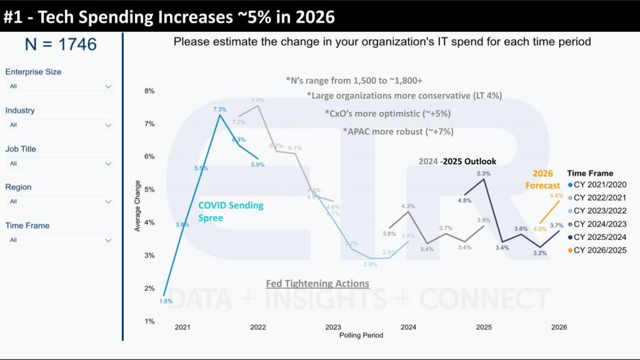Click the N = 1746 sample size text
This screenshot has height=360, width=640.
(x=61, y=44)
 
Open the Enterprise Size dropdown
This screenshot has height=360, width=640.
(x=59, y=86)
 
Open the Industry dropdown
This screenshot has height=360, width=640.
(x=59, y=125)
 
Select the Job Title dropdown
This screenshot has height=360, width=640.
(x=59, y=163)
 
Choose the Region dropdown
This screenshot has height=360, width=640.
(x=59, y=201)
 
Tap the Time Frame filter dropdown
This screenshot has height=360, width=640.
(x=59, y=239)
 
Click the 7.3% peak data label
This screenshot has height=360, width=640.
(x=219, y=109)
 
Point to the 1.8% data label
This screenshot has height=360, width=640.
(x=165, y=301)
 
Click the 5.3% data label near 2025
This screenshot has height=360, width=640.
(x=483, y=173)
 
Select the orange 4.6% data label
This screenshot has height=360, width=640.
(x=556, y=196)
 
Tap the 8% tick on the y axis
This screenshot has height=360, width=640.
(x=149, y=91)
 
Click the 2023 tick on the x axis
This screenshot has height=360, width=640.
(x=333, y=327)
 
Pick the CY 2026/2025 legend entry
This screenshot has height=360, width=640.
(x=599, y=250)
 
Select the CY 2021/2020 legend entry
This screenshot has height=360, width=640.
(x=599, y=185)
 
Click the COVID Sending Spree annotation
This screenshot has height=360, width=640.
(x=231, y=211)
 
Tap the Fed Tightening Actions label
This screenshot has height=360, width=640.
(x=317, y=283)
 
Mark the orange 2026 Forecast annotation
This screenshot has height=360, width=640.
(x=542, y=180)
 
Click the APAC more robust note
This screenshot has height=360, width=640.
(x=397, y=132)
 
